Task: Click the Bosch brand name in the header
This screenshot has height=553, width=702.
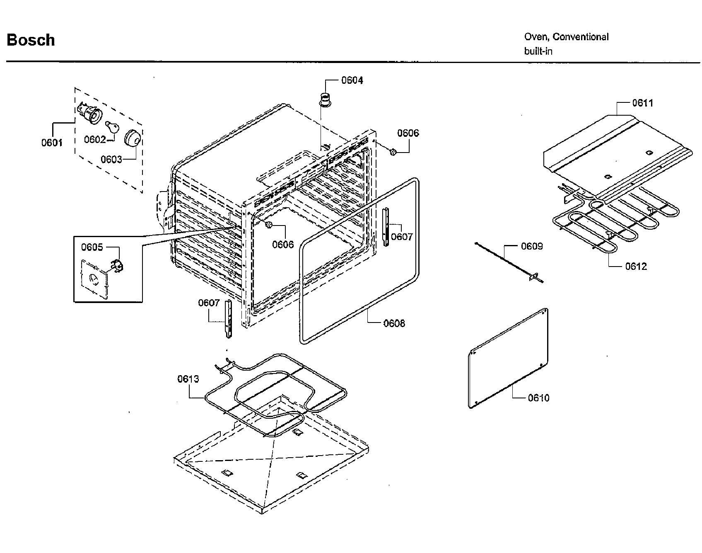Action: point(31,40)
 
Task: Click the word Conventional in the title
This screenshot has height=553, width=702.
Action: point(581,37)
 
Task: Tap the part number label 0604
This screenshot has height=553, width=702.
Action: point(352,80)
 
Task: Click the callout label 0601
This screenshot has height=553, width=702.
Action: point(52,143)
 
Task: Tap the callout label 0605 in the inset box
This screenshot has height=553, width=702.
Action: point(92,247)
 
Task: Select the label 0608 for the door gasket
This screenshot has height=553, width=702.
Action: point(394,323)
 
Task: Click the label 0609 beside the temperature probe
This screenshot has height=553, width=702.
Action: point(531,246)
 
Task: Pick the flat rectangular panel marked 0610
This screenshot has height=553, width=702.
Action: point(509,358)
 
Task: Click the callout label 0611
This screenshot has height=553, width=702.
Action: point(642,103)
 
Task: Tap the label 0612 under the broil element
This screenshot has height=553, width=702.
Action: point(636,266)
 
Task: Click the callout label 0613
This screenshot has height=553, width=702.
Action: point(188,379)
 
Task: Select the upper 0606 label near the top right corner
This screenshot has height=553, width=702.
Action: point(408,133)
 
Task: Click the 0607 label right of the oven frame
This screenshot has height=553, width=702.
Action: point(402,237)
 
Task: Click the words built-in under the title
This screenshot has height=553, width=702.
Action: point(538,51)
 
